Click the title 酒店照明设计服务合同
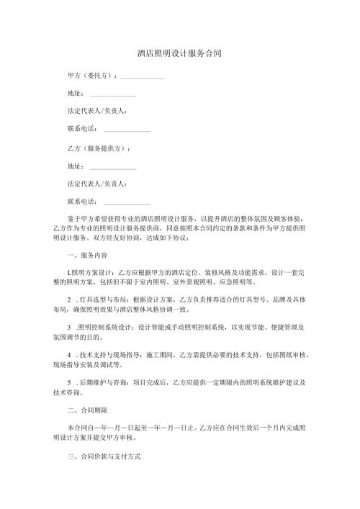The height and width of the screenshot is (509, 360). [179, 54]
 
